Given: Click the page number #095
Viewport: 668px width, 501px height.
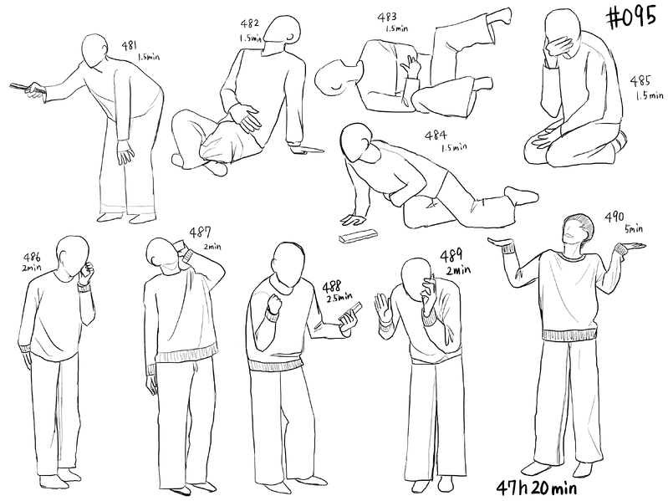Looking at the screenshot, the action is click(631, 18).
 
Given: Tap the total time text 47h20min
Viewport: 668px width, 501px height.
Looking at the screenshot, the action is click(537, 488).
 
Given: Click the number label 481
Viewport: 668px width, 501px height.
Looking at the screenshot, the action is click(129, 45).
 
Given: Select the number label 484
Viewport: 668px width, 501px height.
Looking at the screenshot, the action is click(436, 135).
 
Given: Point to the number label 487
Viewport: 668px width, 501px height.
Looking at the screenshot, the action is click(200, 233).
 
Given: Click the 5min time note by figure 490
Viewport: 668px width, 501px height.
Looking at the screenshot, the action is click(634, 229).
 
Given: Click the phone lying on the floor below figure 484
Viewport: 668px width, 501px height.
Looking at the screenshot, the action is click(358, 236).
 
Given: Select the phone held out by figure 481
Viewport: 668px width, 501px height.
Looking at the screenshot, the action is click(27, 88).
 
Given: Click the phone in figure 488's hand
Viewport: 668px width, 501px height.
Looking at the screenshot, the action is click(351, 313).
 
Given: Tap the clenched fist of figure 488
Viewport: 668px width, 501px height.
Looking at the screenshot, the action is click(273, 303).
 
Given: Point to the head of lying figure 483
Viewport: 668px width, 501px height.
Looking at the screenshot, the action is click(336, 79).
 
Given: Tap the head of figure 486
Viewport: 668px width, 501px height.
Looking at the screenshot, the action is click(72, 258).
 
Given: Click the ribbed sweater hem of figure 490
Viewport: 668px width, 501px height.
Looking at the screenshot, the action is click(569, 335).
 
